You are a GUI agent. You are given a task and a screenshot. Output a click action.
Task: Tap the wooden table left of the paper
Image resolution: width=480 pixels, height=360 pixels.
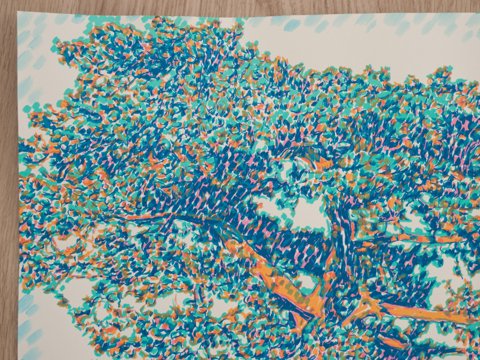coord(7,187)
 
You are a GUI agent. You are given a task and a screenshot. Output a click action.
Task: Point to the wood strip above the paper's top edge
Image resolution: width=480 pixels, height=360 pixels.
coord(240,6)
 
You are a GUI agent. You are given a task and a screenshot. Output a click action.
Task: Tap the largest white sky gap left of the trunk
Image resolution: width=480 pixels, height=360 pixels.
coord(309,213)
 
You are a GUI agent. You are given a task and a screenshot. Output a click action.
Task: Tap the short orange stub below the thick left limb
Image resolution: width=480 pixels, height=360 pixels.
coord(299,320)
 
